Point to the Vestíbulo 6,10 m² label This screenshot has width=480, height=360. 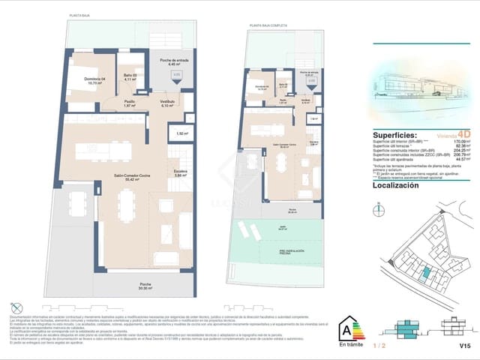coord(167,103)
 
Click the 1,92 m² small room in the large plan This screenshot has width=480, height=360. coord(181,133)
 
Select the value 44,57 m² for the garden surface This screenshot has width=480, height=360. coord(461,159)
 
